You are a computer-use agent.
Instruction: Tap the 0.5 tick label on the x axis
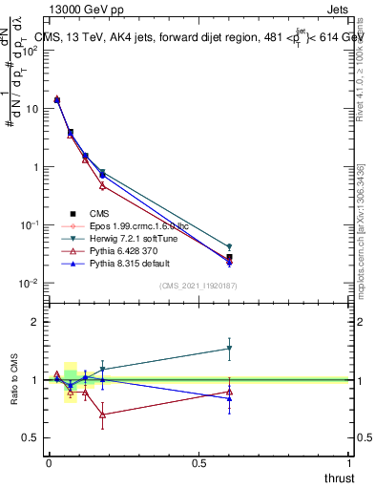[x=198, y=462]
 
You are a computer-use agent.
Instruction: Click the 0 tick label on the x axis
[x=49, y=462]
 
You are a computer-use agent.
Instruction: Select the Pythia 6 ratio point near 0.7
[x=102, y=415]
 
